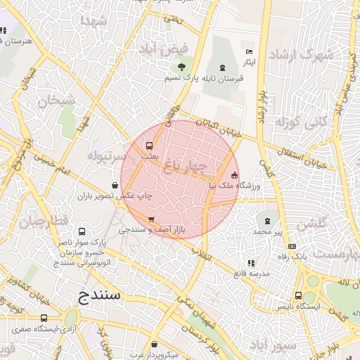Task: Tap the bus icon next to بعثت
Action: (x=148, y=146)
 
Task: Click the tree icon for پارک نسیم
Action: (x=182, y=67)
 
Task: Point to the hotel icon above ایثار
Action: (x=247, y=52)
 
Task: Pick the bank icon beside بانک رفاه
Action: (x=292, y=246)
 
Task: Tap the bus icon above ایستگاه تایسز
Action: (x=299, y=296)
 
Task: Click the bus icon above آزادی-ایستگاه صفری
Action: (x=44, y=318)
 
